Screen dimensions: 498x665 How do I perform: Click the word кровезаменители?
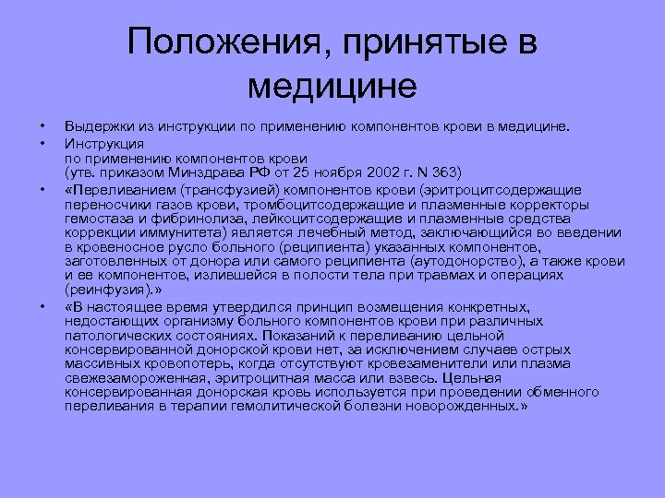click(x=434, y=363)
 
